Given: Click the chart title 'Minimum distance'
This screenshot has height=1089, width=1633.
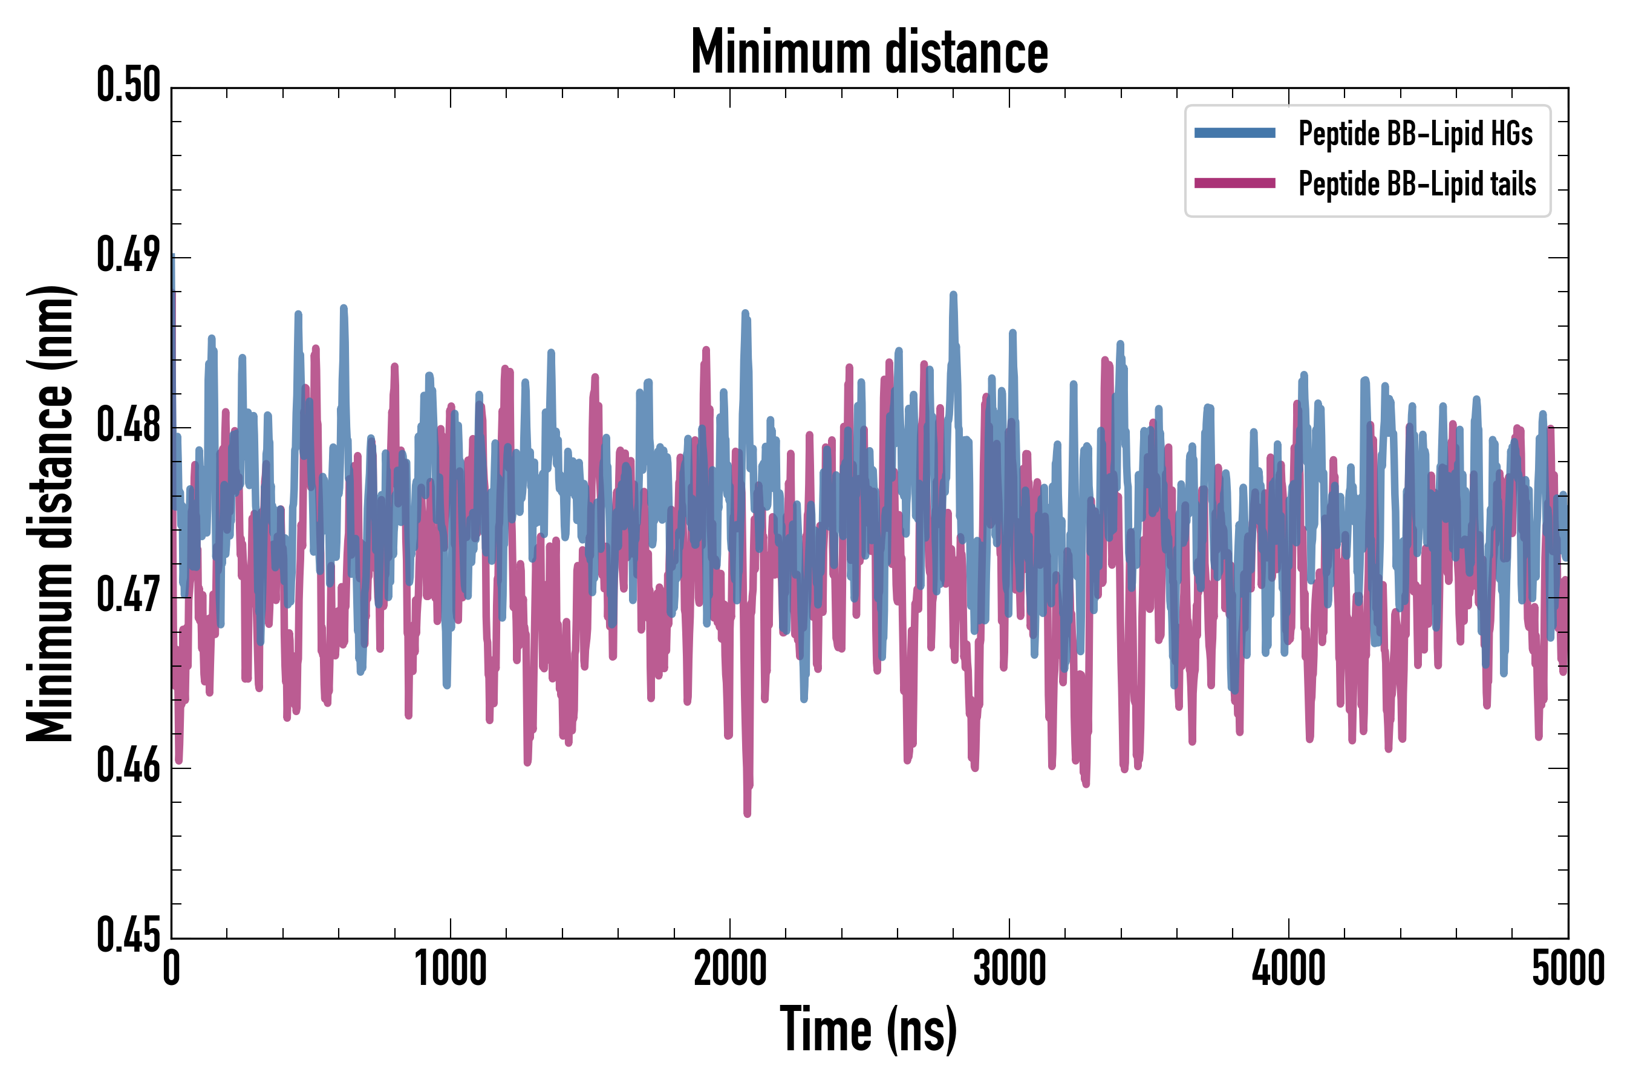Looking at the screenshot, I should [869, 52].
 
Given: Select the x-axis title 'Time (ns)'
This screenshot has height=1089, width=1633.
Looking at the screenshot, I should [869, 1029].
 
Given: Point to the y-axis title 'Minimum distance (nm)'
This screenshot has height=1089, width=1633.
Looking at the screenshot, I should [50, 513].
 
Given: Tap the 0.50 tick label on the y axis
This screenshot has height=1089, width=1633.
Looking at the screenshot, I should [128, 85].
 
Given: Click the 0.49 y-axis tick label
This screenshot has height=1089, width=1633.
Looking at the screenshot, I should [128, 255].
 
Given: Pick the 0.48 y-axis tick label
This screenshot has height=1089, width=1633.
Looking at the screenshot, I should [128, 426].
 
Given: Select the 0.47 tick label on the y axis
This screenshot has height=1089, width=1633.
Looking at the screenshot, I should [128, 596].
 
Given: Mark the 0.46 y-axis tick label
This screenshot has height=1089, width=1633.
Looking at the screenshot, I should [128, 766].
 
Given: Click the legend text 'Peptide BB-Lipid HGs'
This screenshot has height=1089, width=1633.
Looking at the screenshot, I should [1415, 133].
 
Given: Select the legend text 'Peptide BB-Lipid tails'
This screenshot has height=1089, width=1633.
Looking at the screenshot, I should [1417, 184].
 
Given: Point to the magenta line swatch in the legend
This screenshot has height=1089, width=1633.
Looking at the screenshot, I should [1234, 183].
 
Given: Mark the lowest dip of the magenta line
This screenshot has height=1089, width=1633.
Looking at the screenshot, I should [747, 813].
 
